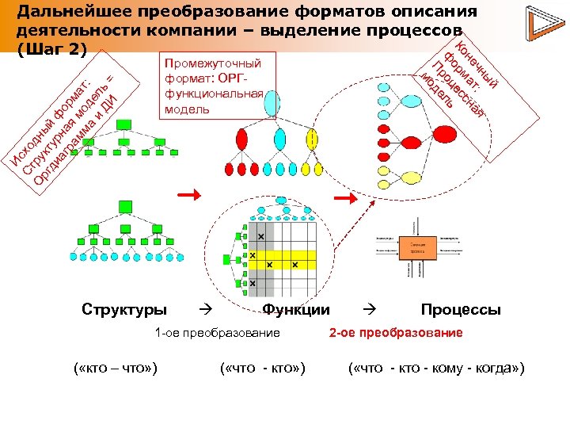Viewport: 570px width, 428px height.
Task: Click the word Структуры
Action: (x=124, y=309)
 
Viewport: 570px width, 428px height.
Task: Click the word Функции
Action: (x=296, y=309)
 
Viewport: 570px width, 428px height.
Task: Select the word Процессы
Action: (x=461, y=309)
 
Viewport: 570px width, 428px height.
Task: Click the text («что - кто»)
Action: (x=262, y=369)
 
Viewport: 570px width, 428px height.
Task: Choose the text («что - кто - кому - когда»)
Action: (x=436, y=369)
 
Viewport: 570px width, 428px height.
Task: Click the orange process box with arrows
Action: (x=417, y=248)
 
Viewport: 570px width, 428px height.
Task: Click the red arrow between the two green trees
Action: (x=187, y=193)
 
